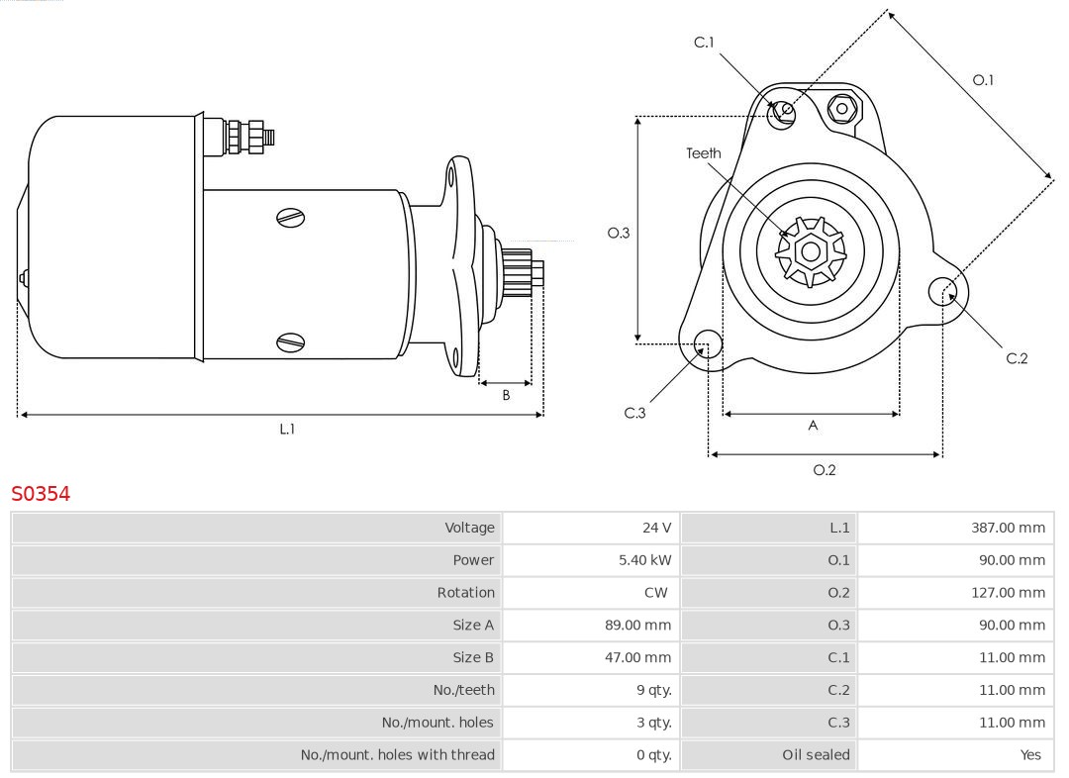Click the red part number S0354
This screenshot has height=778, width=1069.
[x=41, y=494]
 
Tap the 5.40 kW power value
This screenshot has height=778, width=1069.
[x=644, y=560]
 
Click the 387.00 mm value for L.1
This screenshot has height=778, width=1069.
[x=1008, y=528]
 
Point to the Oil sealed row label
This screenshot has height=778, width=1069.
[x=816, y=754]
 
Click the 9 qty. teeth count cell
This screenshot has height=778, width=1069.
[x=654, y=690]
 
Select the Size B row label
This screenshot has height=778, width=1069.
[x=473, y=657]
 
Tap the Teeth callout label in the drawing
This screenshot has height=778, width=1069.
[x=704, y=153]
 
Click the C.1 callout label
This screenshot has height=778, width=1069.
[x=704, y=43]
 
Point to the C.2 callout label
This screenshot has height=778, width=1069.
[x=1017, y=358]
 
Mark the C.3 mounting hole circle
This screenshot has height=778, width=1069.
[x=708, y=344]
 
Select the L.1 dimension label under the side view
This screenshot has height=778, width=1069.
[x=286, y=430]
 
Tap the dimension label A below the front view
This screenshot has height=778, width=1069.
[x=813, y=426]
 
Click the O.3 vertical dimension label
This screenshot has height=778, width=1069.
[x=618, y=234]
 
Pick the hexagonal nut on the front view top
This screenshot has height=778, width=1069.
[x=841, y=108]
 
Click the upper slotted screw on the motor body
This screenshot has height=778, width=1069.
[x=291, y=217]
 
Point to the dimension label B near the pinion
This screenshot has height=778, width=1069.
[x=506, y=395]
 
